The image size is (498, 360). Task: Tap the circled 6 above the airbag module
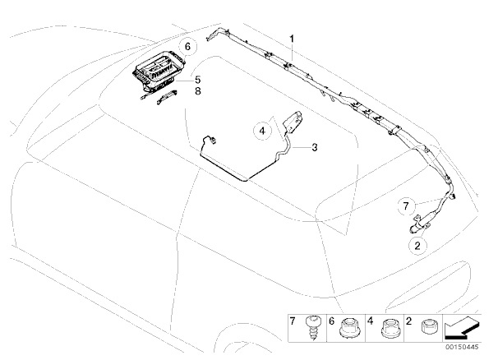pyautogui.click(x=187, y=45)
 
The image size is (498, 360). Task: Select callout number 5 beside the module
pyautogui.click(x=197, y=80)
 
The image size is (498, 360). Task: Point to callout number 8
pyautogui.click(x=197, y=92)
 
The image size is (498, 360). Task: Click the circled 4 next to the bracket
pyautogui.click(x=262, y=130)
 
